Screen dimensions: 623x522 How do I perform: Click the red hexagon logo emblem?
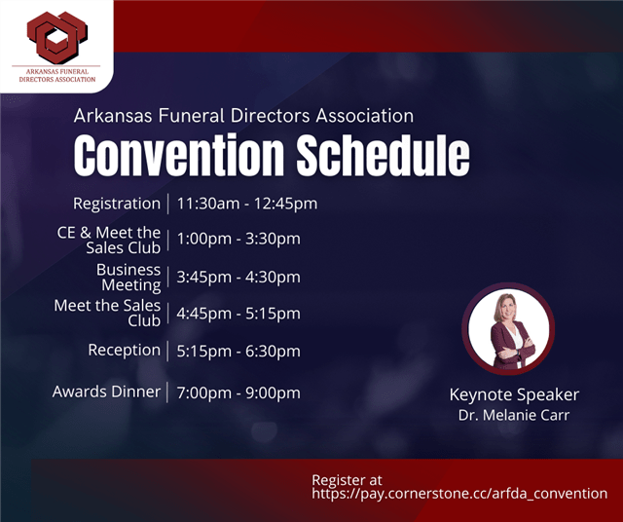tap(57, 37)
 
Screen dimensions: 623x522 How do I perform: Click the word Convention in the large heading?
tap(179, 155)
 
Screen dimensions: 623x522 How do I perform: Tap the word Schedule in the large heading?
tap(384, 155)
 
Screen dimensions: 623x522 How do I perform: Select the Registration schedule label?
tap(117, 204)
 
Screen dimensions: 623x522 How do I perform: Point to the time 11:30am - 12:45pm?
tap(247, 204)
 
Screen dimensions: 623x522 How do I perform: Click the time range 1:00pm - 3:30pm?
tap(238, 239)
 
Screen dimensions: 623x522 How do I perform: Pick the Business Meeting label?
tap(128, 278)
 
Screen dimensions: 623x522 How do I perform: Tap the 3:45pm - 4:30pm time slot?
tap(238, 278)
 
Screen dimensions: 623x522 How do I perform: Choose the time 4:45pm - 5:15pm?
tap(238, 314)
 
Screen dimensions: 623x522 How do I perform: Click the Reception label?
tap(125, 351)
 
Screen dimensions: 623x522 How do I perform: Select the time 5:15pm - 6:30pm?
tap(238, 352)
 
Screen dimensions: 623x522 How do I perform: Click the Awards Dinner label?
tap(106, 391)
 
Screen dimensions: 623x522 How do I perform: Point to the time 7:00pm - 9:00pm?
tap(238, 393)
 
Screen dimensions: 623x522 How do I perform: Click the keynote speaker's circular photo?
tap(508, 329)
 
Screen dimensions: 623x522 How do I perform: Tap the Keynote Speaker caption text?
tap(514, 394)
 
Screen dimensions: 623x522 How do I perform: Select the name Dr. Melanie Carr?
tap(514, 415)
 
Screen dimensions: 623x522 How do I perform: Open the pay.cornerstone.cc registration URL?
tap(459, 494)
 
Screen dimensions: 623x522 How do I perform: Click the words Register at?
tap(347, 480)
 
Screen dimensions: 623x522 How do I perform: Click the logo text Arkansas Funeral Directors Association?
tap(57, 76)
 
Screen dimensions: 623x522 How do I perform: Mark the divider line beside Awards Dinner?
tap(167, 392)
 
